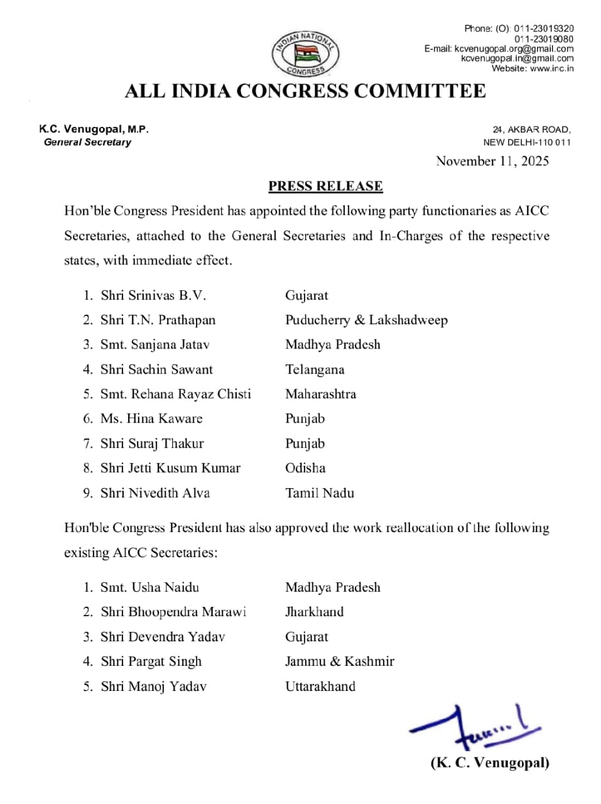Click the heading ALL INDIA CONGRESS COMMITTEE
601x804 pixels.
[x=305, y=91]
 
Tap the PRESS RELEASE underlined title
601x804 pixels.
[x=325, y=186]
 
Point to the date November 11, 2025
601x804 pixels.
[x=492, y=161]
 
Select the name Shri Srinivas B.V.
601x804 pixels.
[x=153, y=295]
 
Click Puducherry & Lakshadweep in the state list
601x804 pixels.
[x=366, y=320]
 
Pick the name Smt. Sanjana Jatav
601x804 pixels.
[x=154, y=345]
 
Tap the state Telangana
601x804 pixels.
[x=315, y=369]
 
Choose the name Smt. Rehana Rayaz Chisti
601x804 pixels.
[x=175, y=394]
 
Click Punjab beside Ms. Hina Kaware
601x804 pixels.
[x=305, y=419]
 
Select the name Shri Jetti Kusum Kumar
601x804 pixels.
[x=170, y=468]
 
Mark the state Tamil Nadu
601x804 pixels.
[x=319, y=493]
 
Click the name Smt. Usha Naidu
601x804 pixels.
[x=149, y=587]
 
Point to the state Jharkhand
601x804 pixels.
[x=314, y=612]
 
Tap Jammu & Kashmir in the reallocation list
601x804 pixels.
[x=339, y=661]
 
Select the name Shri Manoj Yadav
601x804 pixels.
[x=153, y=687]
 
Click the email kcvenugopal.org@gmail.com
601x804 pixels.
[x=514, y=48]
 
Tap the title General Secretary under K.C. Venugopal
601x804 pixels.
[x=87, y=143]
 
